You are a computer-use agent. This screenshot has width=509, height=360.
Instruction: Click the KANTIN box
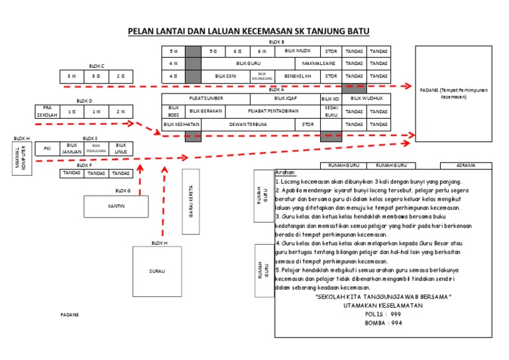[116, 206]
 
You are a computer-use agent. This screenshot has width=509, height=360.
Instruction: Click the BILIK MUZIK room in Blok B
[297, 51]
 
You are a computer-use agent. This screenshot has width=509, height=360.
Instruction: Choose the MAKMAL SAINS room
[319, 64]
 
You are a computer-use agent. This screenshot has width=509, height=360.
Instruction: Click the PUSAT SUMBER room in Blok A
[205, 98]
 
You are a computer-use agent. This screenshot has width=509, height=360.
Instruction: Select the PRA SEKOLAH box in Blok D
[47, 111]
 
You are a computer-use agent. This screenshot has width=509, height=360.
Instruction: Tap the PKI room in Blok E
[47, 149]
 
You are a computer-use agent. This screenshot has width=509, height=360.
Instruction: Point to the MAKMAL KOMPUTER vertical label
[23, 161]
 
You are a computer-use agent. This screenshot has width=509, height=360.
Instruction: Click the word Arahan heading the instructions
[285, 172]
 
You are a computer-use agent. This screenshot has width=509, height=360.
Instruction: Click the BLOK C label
[97, 66]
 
